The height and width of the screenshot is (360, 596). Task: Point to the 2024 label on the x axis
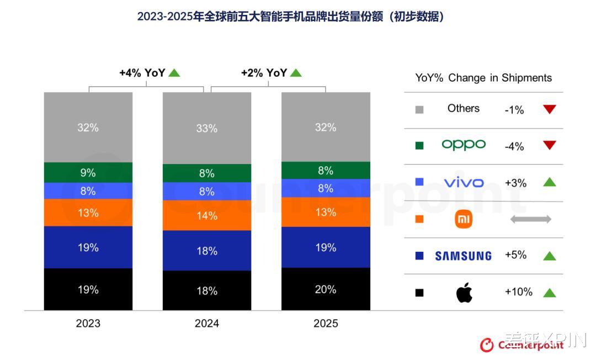pos(207,323)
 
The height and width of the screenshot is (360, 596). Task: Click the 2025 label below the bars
pos(326,323)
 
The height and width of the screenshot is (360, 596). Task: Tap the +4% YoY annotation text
pos(142,73)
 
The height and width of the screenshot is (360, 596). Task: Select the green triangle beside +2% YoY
pos(296,72)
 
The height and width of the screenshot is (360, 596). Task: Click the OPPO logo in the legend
pos(464,145)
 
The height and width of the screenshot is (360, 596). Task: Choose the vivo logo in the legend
pos(464,182)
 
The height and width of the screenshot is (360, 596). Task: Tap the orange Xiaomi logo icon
pos(464,219)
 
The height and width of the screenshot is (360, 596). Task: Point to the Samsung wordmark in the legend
pos(463,256)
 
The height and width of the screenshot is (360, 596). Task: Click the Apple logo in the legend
pos(464,293)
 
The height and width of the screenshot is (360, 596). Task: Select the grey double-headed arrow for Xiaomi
pos(530,219)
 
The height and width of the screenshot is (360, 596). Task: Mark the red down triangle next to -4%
pos(549,145)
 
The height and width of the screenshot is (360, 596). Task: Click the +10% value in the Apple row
pos(518,292)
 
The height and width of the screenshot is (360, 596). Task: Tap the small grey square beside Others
pos(419,109)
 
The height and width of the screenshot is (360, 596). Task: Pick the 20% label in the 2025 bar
pos(326,289)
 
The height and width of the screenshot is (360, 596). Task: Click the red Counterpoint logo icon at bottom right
pos(487,345)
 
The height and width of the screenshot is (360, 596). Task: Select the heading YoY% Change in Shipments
pos(483,78)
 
